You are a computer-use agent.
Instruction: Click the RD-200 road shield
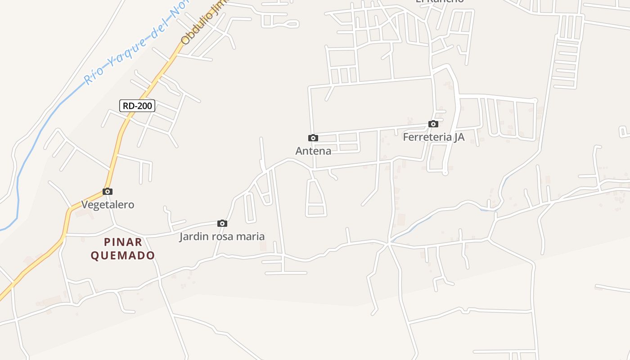[x=137, y=106]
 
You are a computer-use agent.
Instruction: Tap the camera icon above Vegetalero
[x=107, y=191]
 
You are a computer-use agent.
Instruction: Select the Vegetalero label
[x=108, y=204]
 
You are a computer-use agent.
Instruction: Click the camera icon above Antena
[x=313, y=138]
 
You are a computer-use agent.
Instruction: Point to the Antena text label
[x=313, y=151]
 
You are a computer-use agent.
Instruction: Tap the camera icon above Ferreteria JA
[x=433, y=124]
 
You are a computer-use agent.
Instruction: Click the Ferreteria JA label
[x=433, y=137]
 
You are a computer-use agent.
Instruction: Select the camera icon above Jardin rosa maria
[x=222, y=223]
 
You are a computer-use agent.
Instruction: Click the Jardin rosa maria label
[x=222, y=236]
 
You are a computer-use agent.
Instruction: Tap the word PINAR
[x=123, y=242]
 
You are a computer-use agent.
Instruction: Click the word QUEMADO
[x=123, y=256]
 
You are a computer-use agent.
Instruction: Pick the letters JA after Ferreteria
[x=458, y=137]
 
